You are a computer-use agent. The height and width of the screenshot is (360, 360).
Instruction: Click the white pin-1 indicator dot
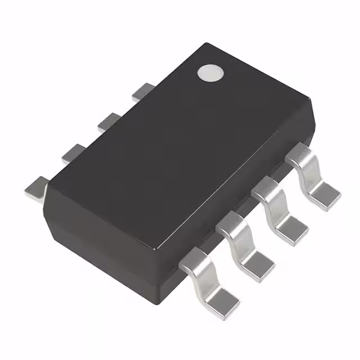pyautogui.click(x=210, y=73)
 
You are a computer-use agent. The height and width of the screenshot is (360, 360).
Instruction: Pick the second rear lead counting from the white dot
pyautogui.click(x=109, y=121)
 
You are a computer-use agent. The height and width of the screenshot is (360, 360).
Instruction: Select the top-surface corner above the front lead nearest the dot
pyautogui.click(x=309, y=101)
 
